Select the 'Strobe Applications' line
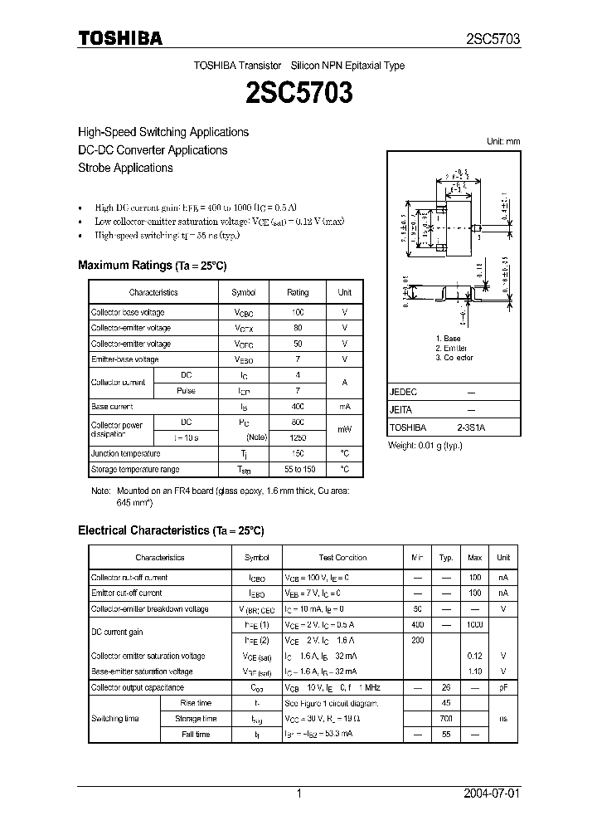click(x=125, y=168)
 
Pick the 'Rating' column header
click(x=298, y=292)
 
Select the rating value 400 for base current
click(x=298, y=407)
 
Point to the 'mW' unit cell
click(x=344, y=430)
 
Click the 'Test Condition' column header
click(x=342, y=558)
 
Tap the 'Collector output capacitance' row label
click(x=138, y=687)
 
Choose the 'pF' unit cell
click(x=503, y=687)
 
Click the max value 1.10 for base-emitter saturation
click(x=475, y=672)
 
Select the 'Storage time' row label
click(x=197, y=719)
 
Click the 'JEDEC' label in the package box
click(x=404, y=391)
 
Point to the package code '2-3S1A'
click(x=471, y=427)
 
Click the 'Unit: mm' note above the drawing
click(x=502, y=141)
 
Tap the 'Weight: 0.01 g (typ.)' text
click(x=425, y=446)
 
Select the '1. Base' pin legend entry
click(x=449, y=339)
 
